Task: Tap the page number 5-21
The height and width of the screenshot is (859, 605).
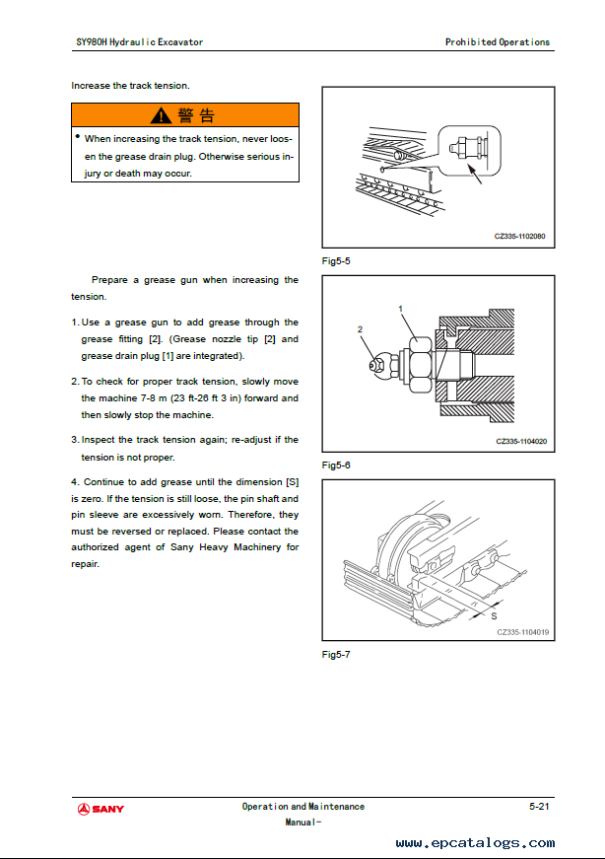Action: [x=539, y=806]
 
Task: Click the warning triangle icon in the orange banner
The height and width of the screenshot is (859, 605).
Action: [x=162, y=116]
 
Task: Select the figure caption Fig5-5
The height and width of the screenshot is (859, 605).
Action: [x=336, y=261]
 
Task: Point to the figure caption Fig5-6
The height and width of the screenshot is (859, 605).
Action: [x=336, y=464]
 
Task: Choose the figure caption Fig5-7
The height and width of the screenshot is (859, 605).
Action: [x=336, y=654]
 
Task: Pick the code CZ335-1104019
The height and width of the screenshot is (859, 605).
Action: [x=522, y=632]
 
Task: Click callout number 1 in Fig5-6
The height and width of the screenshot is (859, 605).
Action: [x=401, y=309]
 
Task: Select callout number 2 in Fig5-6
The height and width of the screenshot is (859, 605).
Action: [x=361, y=327]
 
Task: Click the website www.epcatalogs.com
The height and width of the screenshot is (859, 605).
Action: [x=475, y=842]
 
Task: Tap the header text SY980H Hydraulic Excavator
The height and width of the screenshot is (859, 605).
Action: [x=139, y=42]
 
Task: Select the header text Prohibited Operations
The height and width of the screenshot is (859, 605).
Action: [x=498, y=42]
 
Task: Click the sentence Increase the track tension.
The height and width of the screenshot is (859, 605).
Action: [x=130, y=86]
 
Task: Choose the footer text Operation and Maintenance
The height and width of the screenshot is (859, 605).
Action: [x=303, y=807]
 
